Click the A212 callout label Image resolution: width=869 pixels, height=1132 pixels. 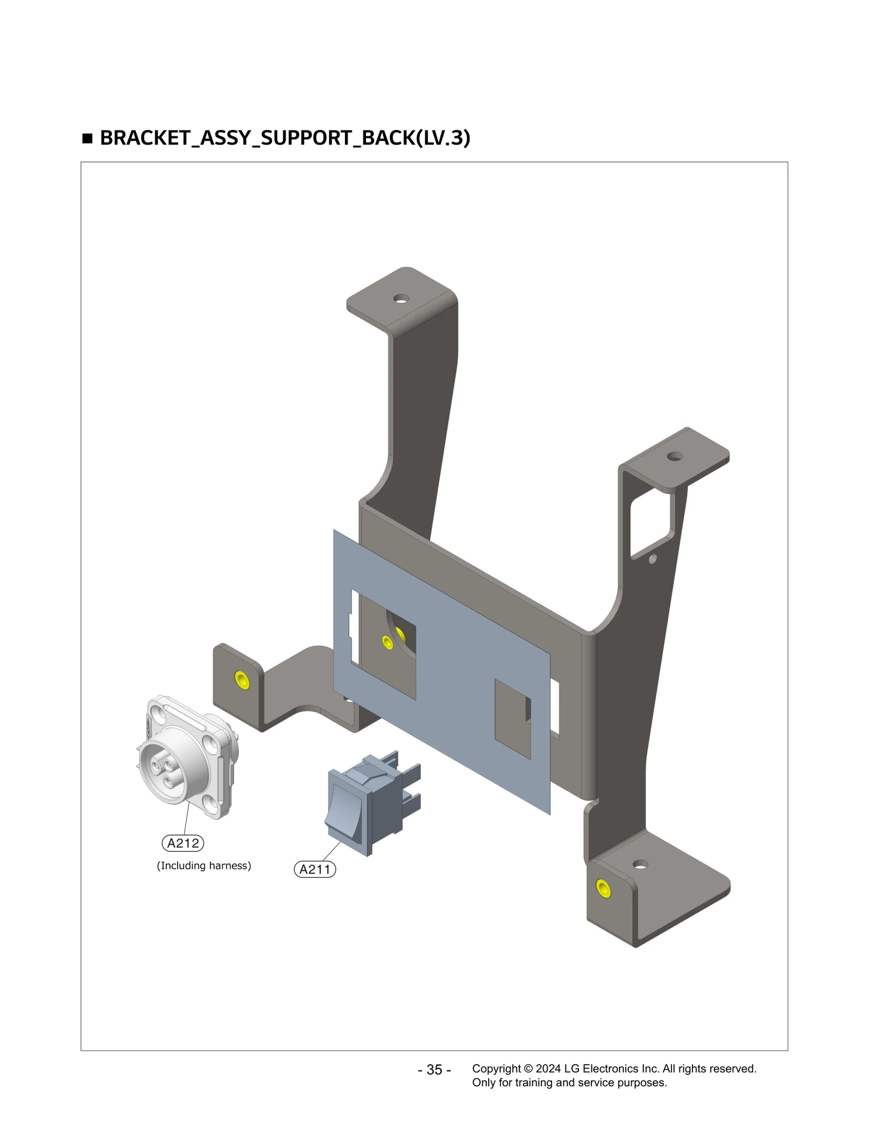coord(183,843)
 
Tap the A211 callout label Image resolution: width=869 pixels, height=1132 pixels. coord(315,869)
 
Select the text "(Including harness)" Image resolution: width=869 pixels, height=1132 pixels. coord(204,865)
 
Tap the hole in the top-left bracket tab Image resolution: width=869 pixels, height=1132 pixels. coord(401,299)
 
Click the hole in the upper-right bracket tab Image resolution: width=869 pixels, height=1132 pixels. coord(675,456)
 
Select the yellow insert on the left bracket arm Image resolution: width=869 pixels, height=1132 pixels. coord(242,680)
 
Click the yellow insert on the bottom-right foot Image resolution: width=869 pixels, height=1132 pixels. coord(603,888)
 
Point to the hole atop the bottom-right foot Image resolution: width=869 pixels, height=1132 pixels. coord(640,864)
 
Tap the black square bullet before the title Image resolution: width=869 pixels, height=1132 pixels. coord(87,139)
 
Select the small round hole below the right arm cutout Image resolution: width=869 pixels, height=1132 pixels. coord(653,558)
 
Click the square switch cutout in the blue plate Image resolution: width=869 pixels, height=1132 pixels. coord(512,718)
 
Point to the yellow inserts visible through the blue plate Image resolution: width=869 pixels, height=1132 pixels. coord(394,638)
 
